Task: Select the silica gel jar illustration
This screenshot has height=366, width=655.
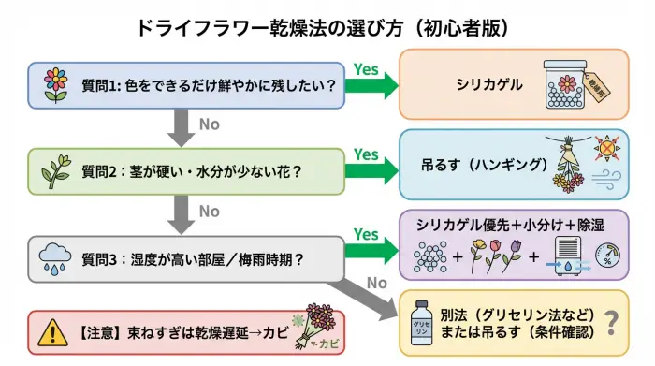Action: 571,84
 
